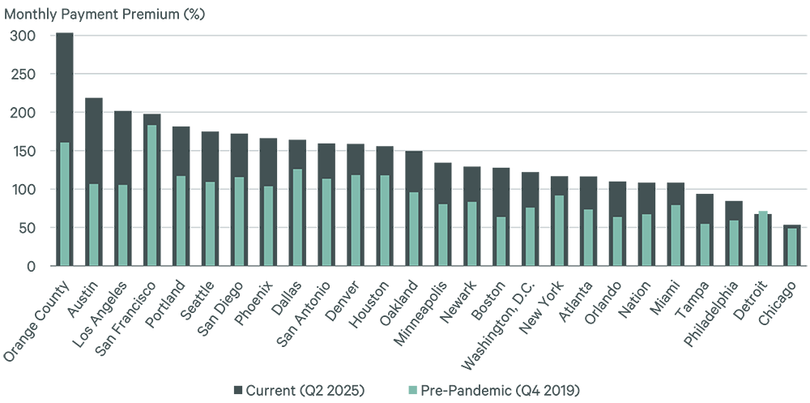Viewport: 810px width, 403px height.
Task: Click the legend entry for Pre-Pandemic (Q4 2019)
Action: pos(497,389)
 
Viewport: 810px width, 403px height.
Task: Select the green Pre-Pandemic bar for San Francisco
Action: pos(151,195)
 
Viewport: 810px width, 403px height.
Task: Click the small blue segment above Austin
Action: pos(79,247)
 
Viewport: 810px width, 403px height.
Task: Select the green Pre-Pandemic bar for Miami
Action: pos(676,234)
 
